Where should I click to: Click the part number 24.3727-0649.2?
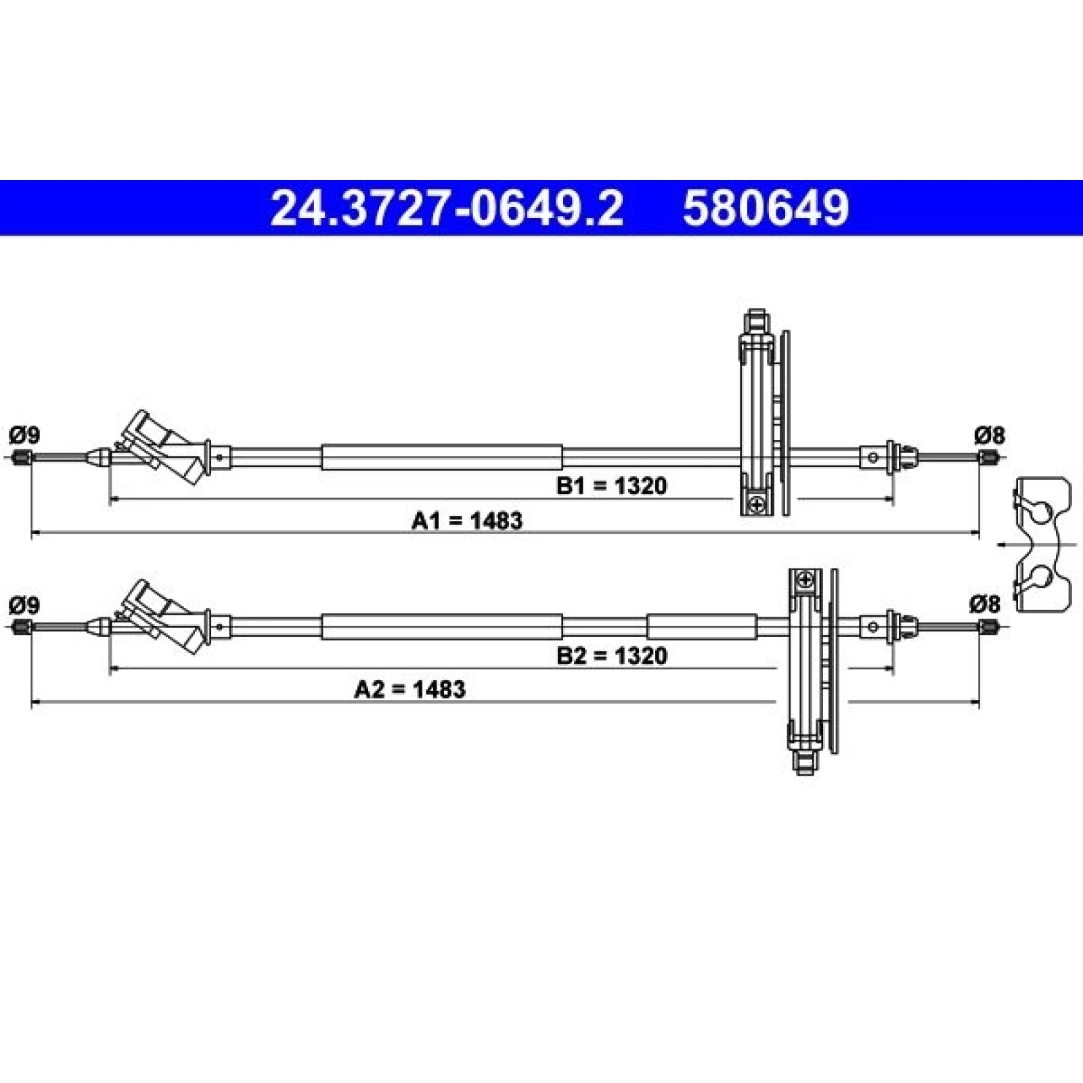point(447,208)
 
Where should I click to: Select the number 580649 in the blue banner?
point(766,208)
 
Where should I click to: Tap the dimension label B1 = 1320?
point(611,485)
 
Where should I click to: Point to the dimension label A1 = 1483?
point(467,521)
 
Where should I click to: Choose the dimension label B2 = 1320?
point(611,655)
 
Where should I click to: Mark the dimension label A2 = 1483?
point(410,689)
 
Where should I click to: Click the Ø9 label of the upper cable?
point(24,435)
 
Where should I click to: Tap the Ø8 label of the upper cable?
point(990,435)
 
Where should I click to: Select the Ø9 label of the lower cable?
point(24,604)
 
